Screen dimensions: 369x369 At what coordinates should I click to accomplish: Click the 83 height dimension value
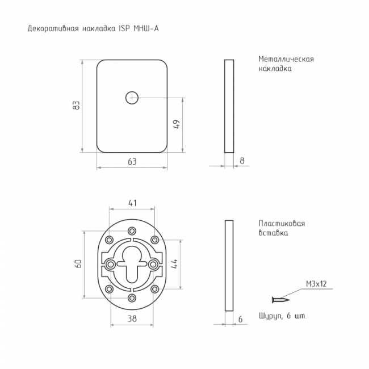[76, 105]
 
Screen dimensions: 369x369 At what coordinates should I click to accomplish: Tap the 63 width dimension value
[132, 162]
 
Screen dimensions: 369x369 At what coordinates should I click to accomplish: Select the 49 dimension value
[176, 124]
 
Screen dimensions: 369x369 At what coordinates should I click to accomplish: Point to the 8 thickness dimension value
[242, 161]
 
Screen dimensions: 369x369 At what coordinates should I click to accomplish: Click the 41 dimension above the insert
[132, 203]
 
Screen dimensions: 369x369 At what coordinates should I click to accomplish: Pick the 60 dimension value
[78, 263]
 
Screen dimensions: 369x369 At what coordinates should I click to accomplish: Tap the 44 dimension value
[174, 263]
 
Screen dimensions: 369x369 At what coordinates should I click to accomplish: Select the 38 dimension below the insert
[132, 318]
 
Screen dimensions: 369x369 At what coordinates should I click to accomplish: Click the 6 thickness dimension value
[240, 319]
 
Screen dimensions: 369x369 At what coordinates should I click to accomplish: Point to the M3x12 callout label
[316, 284]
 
